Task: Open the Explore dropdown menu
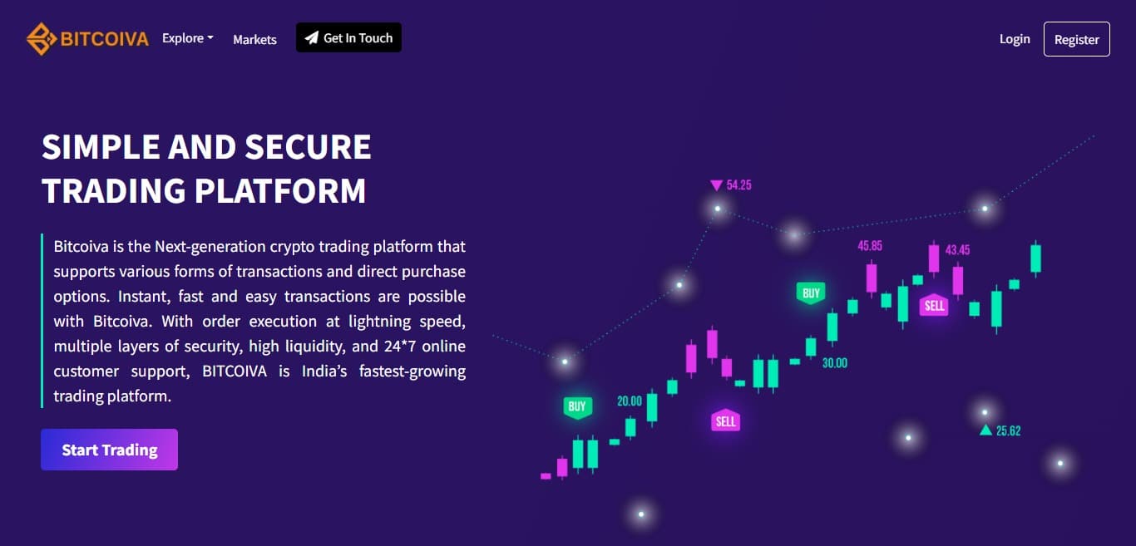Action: point(187,38)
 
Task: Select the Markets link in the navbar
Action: point(254,39)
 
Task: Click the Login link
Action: point(1015,38)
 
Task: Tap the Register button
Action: point(1076,39)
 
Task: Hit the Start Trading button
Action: point(109,450)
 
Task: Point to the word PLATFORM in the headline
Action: point(280,190)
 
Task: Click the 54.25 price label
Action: point(738,185)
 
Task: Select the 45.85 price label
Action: point(870,246)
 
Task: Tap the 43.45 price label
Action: point(957,249)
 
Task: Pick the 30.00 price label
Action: point(834,363)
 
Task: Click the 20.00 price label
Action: point(630,401)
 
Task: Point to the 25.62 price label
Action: point(1008,430)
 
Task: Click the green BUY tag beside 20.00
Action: point(577,406)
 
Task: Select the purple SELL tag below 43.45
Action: point(935,305)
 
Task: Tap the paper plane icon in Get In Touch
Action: point(311,38)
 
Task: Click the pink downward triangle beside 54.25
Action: point(716,185)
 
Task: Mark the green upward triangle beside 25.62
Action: point(985,430)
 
